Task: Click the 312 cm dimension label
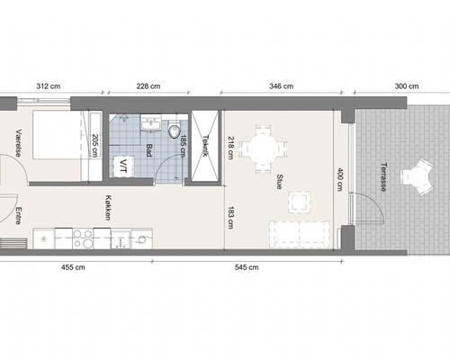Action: (x=48, y=86)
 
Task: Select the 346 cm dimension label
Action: (x=282, y=86)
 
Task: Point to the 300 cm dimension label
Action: (x=407, y=86)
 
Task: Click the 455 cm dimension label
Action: (x=73, y=267)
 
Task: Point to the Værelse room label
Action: (x=19, y=143)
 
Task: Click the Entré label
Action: (x=19, y=216)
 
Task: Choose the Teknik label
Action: (x=206, y=147)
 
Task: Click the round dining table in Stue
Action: (x=263, y=145)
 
